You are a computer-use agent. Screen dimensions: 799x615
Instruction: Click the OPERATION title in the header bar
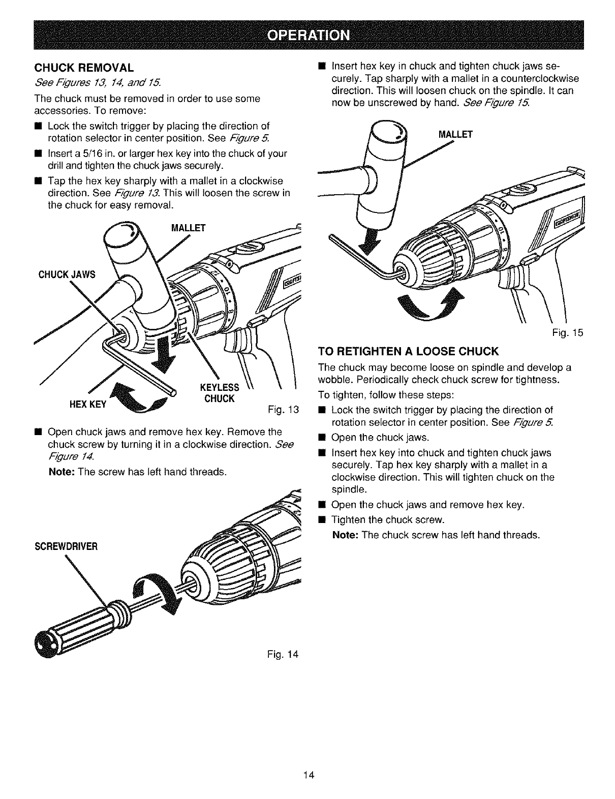click(x=308, y=35)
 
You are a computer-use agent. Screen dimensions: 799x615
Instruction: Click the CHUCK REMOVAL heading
click(x=83, y=68)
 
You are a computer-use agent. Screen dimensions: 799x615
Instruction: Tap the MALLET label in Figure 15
click(x=455, y=135)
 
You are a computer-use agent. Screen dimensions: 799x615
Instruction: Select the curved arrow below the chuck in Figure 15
click(x=430, y=306)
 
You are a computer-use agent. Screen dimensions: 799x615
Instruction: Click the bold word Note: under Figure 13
click(x=61, y=472)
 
